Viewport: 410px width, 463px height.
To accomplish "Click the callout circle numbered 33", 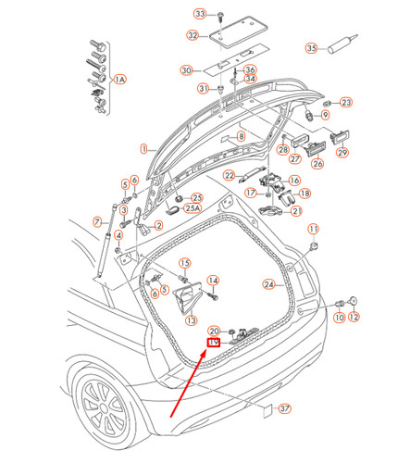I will point(199,14).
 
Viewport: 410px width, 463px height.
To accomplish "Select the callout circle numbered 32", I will point(192,36).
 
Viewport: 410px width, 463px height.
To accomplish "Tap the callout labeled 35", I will point(311,48).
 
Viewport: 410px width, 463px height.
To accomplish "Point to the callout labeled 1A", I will point(119,81).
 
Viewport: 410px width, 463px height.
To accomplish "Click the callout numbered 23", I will point(347,102).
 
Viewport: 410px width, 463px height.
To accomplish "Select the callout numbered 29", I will point(342,152).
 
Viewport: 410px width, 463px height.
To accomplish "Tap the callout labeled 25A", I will point(194,209).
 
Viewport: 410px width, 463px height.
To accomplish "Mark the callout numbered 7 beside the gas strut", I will point(96,221).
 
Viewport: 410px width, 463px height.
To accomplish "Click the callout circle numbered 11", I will point(313,229).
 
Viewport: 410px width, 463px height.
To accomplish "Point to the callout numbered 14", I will point(213,281).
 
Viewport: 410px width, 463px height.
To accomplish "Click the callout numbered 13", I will point(191,320).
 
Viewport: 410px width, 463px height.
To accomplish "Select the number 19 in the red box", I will point(213,342).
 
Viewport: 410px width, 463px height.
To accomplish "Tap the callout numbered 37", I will point(284,408).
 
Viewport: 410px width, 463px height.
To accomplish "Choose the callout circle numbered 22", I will point(229,176).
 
